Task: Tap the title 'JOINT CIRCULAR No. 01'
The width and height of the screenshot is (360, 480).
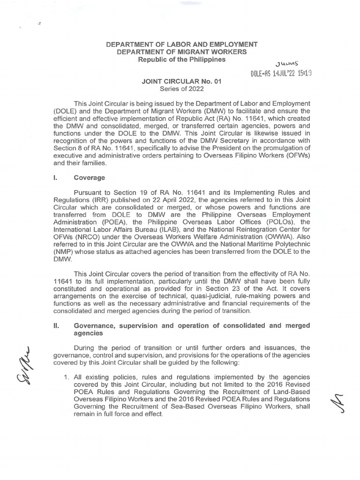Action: tap(181, 81)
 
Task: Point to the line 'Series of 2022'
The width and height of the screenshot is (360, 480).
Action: tap(181, 89)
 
